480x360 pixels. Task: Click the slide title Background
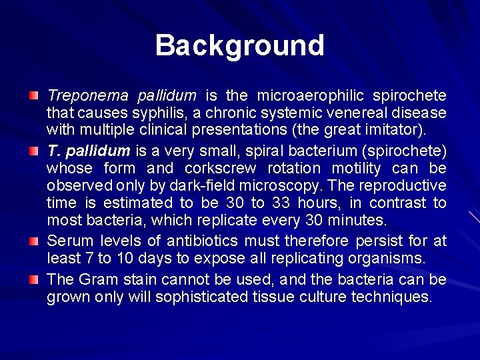[x=240, y=45]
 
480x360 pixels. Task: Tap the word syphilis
[x=160, y=112]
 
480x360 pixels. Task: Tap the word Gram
[x=93, y=279]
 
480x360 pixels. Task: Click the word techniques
[x=393, y=297]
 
